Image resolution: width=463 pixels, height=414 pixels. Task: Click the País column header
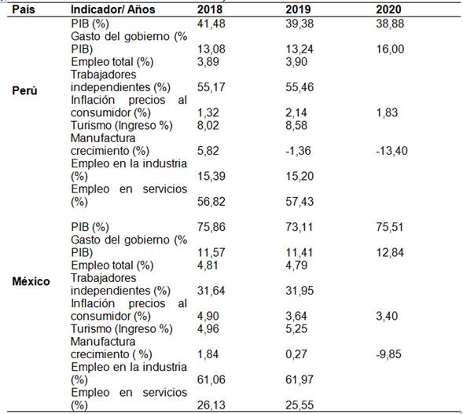click(x=24, y=9)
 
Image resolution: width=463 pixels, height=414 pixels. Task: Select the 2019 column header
click(x=298, y=9)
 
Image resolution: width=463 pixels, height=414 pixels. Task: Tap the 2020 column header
click(x=388, y=9)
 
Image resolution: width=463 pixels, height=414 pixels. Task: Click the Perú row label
click(x=24, y=90)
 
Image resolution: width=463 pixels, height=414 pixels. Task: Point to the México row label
click(x=31, y=281)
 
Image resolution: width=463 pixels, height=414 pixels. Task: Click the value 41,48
click(x=211, y=24)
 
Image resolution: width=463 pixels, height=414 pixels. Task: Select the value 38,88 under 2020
click(x=390, y=24)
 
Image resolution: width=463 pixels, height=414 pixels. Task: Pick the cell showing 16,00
click(x=390, y=49)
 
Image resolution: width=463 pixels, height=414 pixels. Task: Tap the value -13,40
click(x=391, y=151)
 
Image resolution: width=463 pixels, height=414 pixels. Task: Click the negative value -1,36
click(x=298, y=151)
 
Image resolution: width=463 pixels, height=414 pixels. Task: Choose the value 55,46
click(x=299, y=87)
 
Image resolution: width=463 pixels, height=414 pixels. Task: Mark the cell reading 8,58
click(x=296, y=126)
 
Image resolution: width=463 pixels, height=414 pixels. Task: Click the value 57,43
click(x=299, y=202)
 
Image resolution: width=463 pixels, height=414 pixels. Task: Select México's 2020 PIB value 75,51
click(x=389, y=227)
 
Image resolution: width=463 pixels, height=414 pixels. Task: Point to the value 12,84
click(x=389, y=253)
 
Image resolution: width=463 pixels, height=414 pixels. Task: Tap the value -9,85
click(x=388, y=354)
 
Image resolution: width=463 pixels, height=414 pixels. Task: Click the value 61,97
click(x=299, y=379)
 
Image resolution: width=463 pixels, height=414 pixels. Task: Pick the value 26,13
click(x=211, y=405)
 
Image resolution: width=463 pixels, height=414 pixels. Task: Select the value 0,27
click(x=296, y=354)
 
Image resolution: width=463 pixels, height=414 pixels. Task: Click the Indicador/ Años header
click(x=112, y=9)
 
